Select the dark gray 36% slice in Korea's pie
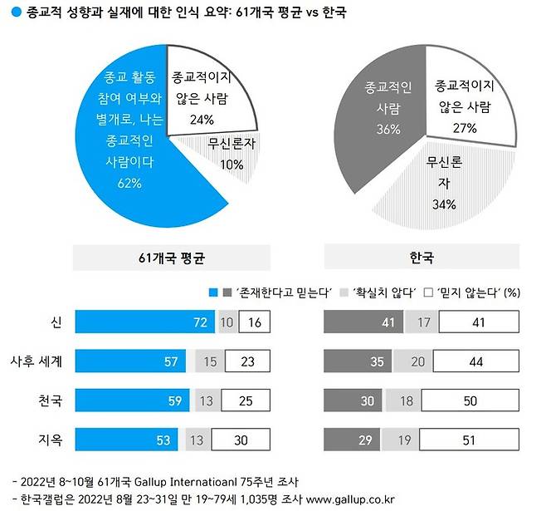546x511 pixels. pos(380,108)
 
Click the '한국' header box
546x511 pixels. pos(423,258)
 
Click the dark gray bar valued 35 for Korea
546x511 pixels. pos(358,361)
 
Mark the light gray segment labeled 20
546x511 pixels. pos(416,361)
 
